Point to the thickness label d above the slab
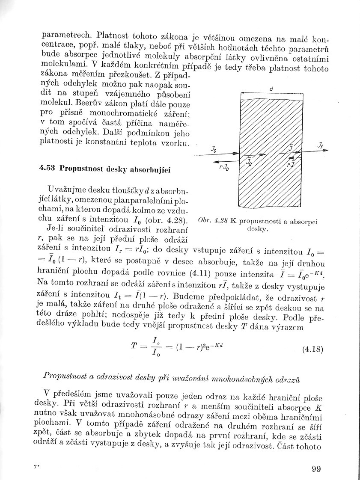272,89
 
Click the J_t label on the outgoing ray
321,145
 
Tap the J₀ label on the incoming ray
213,149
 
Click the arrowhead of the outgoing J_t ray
326,151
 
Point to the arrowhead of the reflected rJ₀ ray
215,161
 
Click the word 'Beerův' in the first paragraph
83,104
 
